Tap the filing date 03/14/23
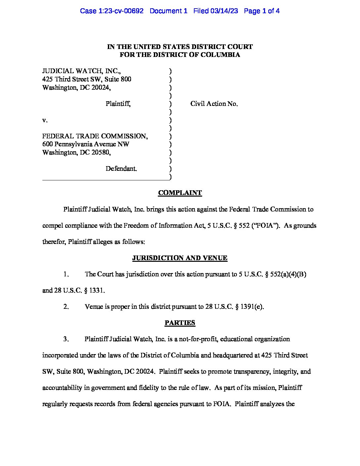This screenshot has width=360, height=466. [225, 11]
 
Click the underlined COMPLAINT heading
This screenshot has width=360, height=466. [180, 193]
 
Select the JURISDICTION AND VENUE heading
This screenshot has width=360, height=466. [180, 258]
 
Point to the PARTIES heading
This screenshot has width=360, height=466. [180, 323]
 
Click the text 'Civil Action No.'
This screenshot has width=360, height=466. [214, 104]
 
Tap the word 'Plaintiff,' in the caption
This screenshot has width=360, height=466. [118, 104]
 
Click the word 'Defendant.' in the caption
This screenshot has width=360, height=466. [121, 169]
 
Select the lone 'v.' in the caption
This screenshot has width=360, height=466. [45, 120]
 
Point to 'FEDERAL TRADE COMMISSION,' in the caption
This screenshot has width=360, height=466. [95, 136]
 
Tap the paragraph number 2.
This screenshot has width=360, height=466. [66, 307]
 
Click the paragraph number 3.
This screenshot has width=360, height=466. [66, 339]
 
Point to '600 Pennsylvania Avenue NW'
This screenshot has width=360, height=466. [86, 144]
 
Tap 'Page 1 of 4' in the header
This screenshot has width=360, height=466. [262, 11]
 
